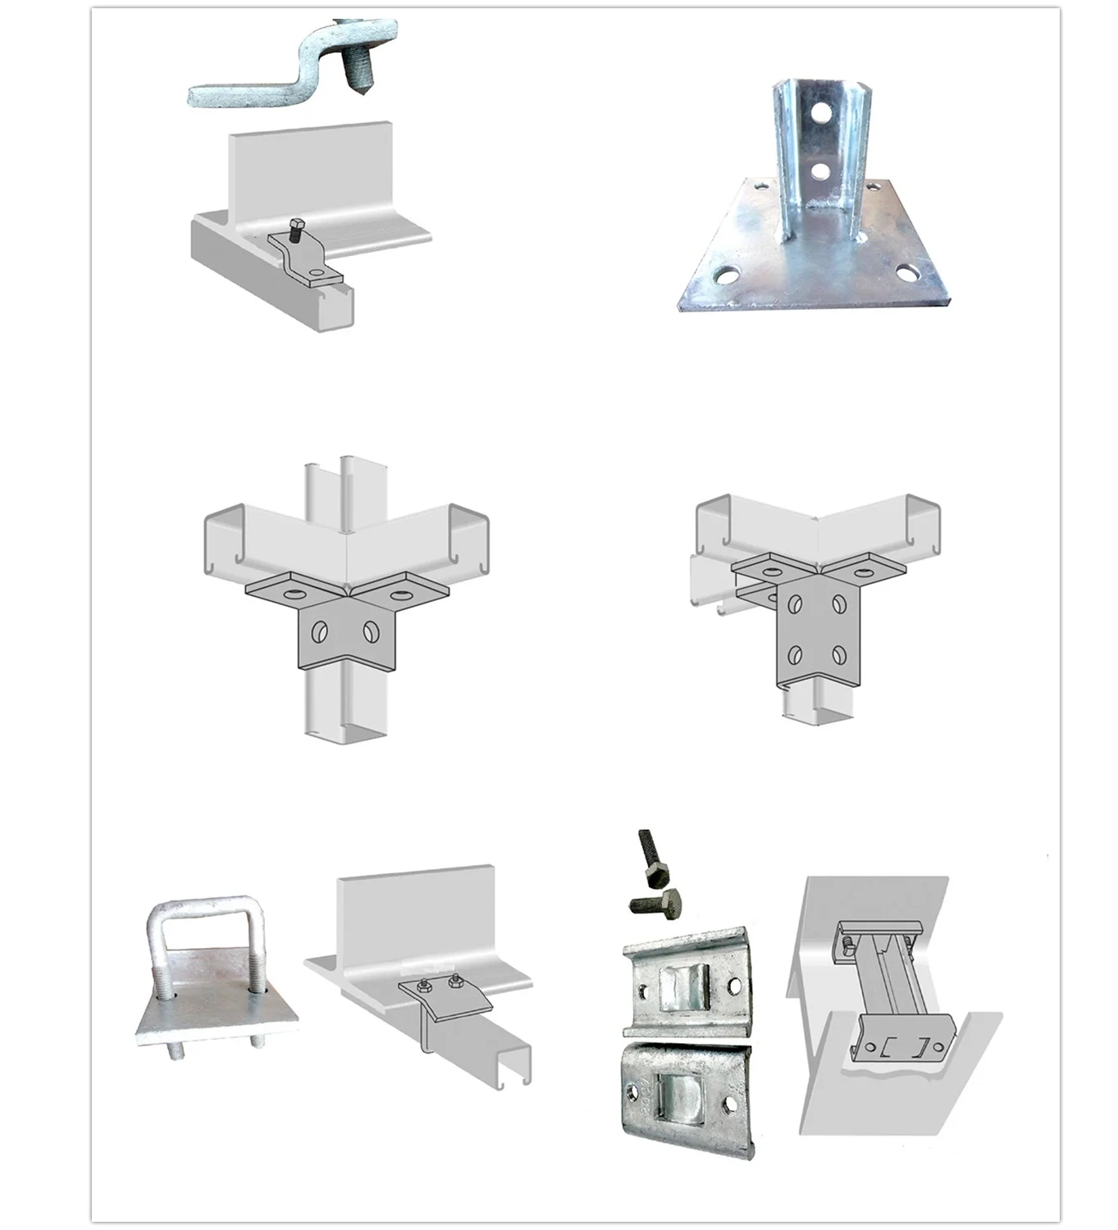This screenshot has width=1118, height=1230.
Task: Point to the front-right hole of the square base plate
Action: [906, 271]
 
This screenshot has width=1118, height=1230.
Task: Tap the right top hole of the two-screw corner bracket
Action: [401, 590]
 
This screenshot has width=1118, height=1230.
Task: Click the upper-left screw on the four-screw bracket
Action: [796, 604]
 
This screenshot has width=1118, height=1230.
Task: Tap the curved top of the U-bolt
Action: [205, 904]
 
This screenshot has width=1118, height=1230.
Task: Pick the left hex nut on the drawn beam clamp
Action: [422, 986]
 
